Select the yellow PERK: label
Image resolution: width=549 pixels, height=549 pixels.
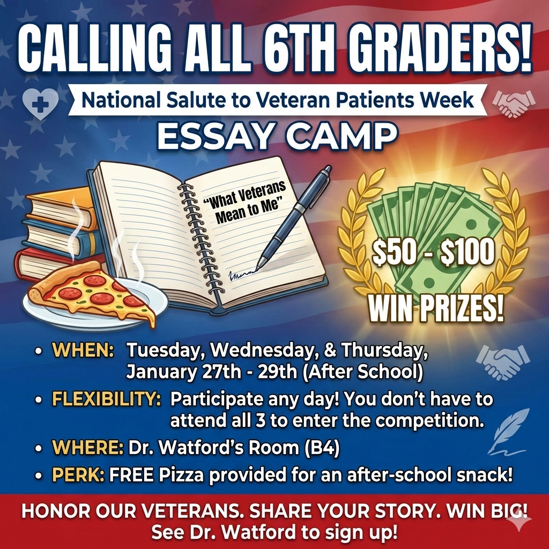tap(78, 474)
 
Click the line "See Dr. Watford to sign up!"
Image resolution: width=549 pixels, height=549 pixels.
tap(274, 533)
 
